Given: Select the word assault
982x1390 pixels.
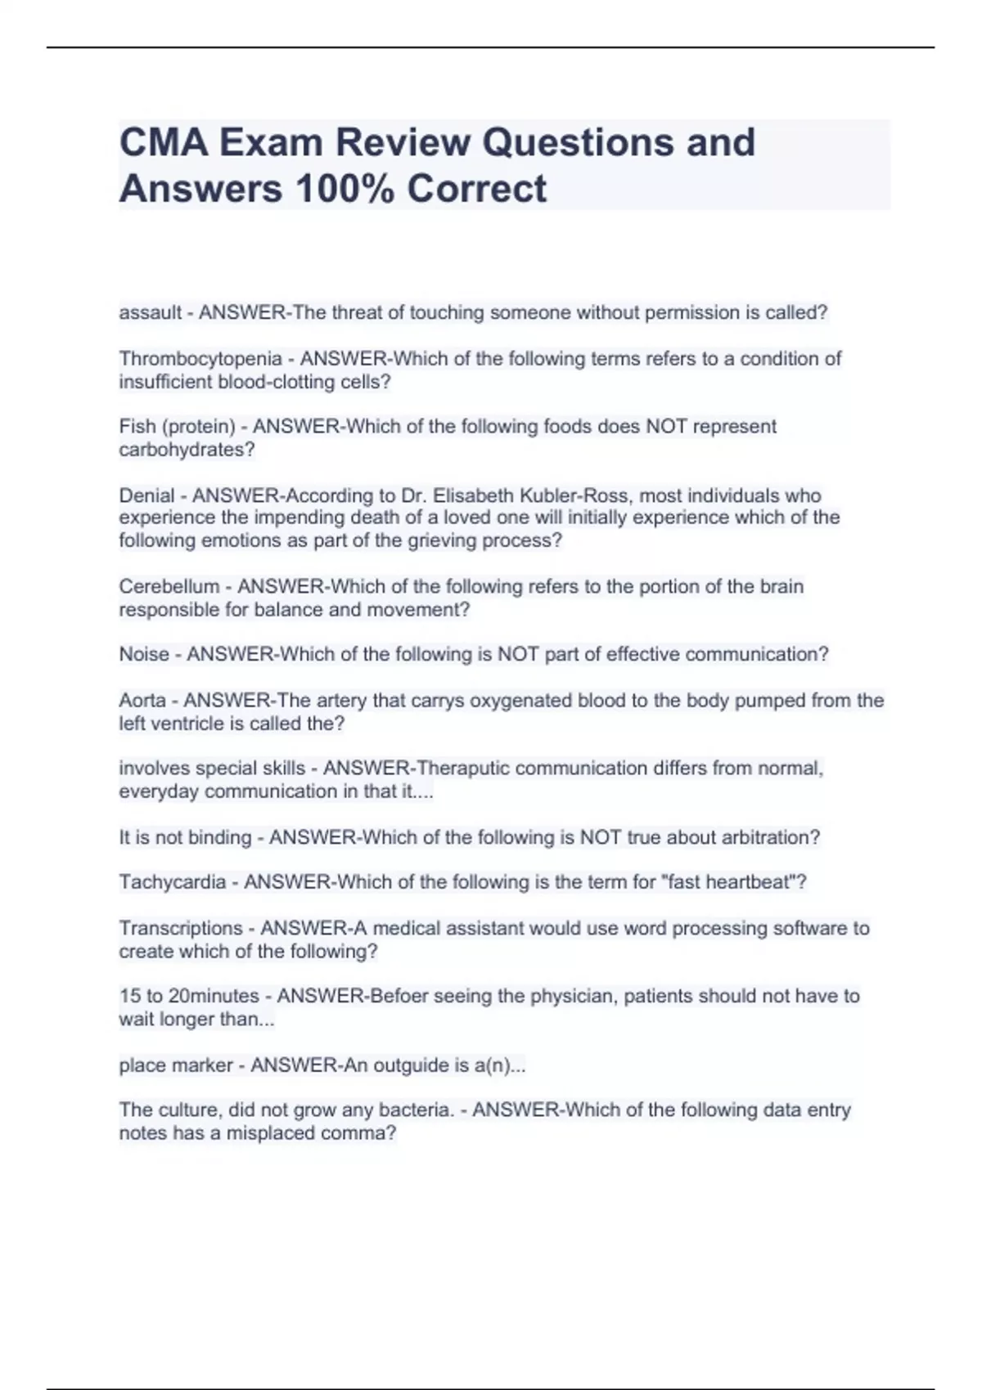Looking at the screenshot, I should click(151, 312).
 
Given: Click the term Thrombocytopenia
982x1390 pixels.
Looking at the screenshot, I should click(200, 359).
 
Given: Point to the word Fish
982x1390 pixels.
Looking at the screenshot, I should click(137, 427).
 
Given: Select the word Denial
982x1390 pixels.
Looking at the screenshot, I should click(146, 495).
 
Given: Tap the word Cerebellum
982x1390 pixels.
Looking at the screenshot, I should click(169, 586).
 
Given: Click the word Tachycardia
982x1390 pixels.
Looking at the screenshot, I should click(173, 882).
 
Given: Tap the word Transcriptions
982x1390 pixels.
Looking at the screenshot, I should click(181, 928).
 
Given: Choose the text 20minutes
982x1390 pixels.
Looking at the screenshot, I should click(214, 996).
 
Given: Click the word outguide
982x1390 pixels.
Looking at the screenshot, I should click(411, 1065).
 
